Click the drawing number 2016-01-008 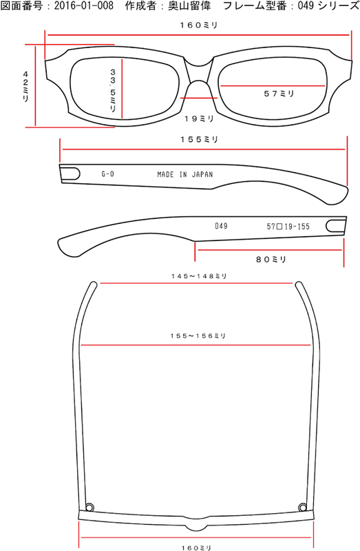83,6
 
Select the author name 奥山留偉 189,6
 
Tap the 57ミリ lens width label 279,94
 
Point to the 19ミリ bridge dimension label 199,118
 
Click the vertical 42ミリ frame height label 25,87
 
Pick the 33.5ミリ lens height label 113,90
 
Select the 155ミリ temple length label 199,140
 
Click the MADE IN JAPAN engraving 185,174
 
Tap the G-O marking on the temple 107,174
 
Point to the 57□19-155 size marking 288,227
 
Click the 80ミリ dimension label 271,260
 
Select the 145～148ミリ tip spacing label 199,276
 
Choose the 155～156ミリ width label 198,336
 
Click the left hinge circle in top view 90,507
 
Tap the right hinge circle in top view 302,507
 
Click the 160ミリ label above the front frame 199,25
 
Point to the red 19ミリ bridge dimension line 199,98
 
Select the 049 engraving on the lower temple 221,226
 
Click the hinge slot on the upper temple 70,174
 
